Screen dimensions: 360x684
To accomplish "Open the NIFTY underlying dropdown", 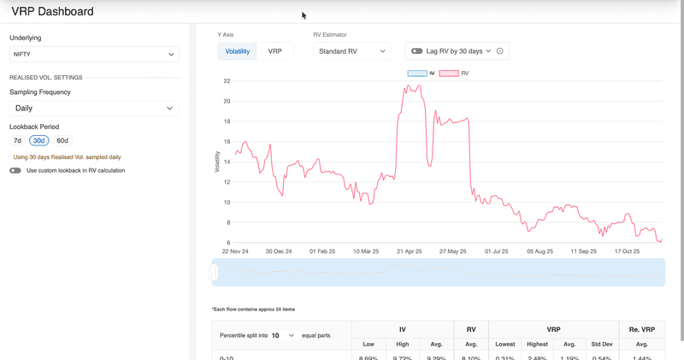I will pos(94,55).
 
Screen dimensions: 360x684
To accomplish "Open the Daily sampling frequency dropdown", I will pos(94,109).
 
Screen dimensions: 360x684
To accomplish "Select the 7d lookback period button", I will pos(17,140).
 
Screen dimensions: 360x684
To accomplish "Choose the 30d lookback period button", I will pos(38,140).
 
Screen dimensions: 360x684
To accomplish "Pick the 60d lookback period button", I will pos(62,140).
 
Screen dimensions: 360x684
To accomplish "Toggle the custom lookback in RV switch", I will pos(15,170).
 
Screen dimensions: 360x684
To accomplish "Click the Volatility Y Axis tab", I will pos(238,51).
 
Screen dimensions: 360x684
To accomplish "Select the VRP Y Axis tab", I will pos(274,51).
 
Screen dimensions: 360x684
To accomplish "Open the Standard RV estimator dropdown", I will pos(351,51).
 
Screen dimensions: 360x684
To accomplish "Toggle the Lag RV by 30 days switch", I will pos(417,51).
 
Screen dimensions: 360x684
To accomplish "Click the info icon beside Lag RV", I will pos(500,51).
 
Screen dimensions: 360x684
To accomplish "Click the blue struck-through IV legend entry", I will pos(422,74).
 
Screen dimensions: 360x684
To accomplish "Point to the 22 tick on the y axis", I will pos(227,81).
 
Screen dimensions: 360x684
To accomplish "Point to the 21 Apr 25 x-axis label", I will pos(409,251).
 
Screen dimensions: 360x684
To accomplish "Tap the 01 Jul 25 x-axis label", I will pos(496,251).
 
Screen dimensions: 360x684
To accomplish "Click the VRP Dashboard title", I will pos(53,12).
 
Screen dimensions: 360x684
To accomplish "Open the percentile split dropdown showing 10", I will pos(282,335).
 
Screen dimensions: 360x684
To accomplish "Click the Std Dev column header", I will pos(602,345).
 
